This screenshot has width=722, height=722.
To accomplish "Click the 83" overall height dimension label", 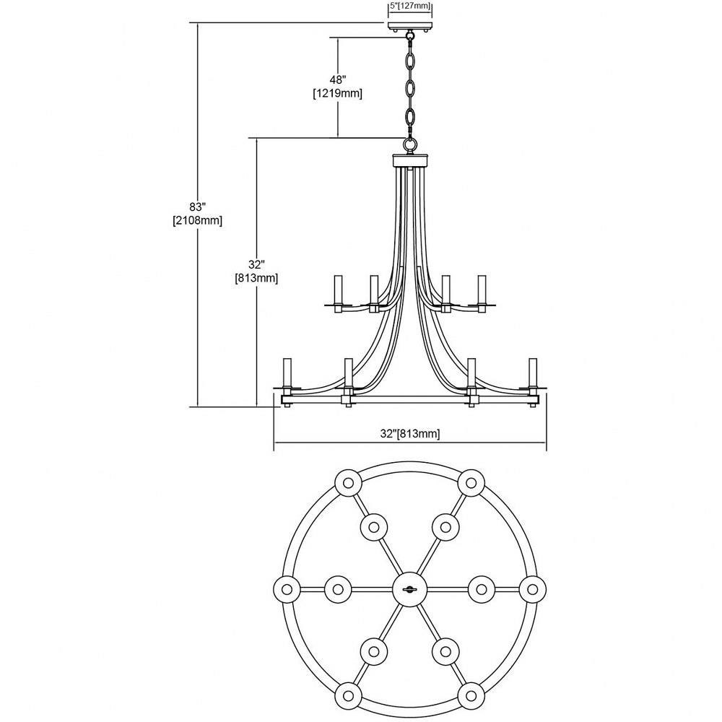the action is pos(198,206).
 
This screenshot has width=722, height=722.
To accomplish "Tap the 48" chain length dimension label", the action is pos(337,80).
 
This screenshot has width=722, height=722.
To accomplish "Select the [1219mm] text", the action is pos(337,93).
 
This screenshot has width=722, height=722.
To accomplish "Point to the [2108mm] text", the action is pos(198,220).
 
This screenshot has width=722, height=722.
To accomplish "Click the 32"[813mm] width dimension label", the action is pos(410,433).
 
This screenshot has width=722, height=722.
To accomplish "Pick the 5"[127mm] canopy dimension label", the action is pos(410,6).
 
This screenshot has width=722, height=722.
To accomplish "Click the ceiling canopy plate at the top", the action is pos(410,25).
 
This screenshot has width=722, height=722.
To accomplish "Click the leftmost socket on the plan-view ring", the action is pos(287,589).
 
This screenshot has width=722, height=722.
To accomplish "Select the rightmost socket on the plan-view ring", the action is pos(532,589).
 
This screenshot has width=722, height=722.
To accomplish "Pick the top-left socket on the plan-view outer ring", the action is pos(348,483).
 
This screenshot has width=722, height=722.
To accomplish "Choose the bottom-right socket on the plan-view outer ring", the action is pos(471,695).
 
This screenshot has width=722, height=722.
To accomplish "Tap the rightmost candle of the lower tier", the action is pos(534,373).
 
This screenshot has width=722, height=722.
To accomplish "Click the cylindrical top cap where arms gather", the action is pos(410,160).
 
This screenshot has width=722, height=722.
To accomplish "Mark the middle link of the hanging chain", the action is pos(410,88).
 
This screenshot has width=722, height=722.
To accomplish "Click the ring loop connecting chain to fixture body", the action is pos(410,144).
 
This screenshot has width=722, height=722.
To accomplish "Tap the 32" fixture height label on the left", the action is pos(256,265).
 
